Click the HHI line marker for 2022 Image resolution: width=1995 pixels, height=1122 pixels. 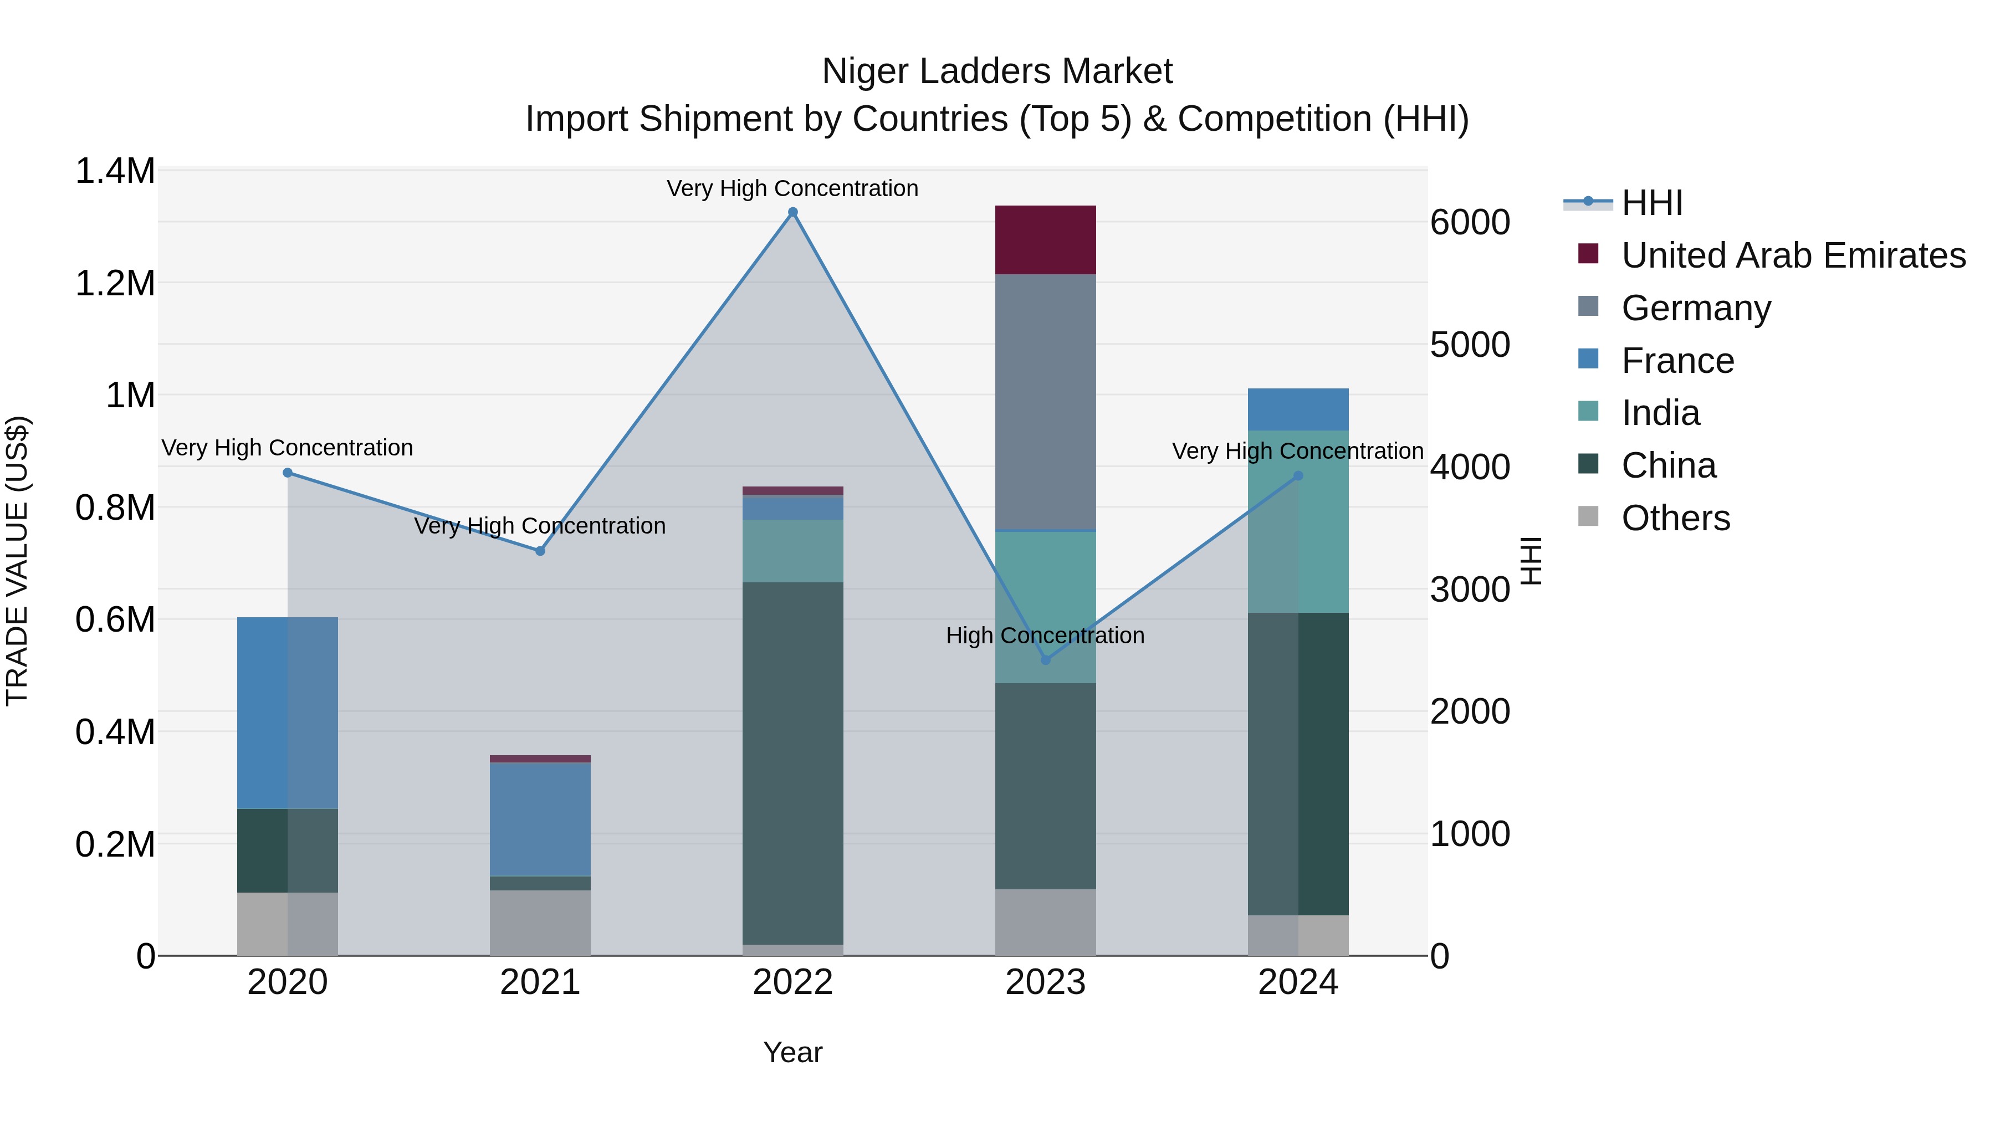point(792,212)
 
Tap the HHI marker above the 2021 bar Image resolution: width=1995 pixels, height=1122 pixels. point(540,551)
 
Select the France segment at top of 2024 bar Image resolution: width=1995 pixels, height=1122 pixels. point(1298,409)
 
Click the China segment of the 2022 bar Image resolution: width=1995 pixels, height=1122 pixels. point(792,763)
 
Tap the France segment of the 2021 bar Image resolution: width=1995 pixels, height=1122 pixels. point(540,819)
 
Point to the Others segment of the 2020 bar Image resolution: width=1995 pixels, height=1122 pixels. point(287,924)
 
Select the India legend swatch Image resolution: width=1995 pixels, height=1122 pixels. point(1588,412)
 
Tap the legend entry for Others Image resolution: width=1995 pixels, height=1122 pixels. point(1675,518)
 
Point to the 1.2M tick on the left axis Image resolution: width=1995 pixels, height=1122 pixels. point(115,283)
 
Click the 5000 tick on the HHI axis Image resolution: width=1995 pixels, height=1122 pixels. point(1470,345)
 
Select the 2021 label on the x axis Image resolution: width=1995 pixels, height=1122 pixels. point(540,982)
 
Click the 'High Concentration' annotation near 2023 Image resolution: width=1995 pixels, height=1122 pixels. point(1045,636)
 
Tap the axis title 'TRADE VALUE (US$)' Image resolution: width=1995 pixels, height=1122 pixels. point(17,561)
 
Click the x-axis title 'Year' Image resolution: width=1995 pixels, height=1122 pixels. point(792,1052)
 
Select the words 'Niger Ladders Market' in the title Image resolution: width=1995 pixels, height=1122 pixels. point(997,71)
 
